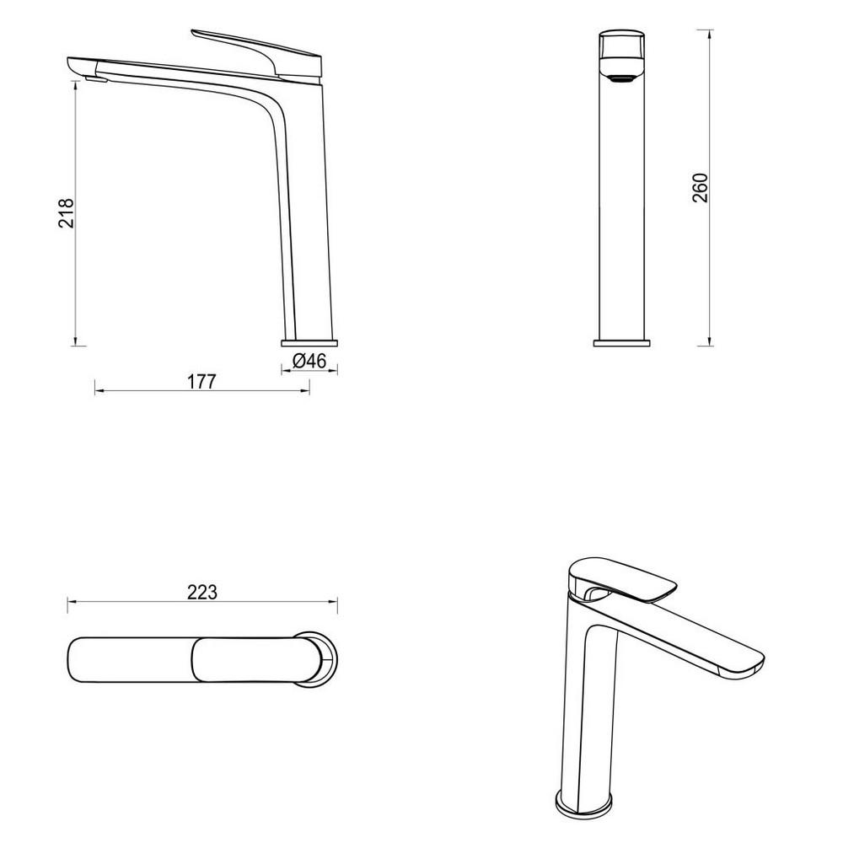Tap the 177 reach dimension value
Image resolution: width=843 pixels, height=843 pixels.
point(201,382)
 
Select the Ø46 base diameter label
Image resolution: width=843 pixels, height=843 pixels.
point(309,361)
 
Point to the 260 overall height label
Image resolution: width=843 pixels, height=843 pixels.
point(699,188)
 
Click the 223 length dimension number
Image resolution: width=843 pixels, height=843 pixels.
point(202,592)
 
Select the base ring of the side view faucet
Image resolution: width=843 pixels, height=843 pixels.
point(309,342)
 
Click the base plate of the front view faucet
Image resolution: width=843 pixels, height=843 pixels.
point(623,343)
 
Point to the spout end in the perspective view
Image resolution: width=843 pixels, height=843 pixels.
point(742,665)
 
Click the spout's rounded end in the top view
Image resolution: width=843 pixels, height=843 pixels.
point(76,658)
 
